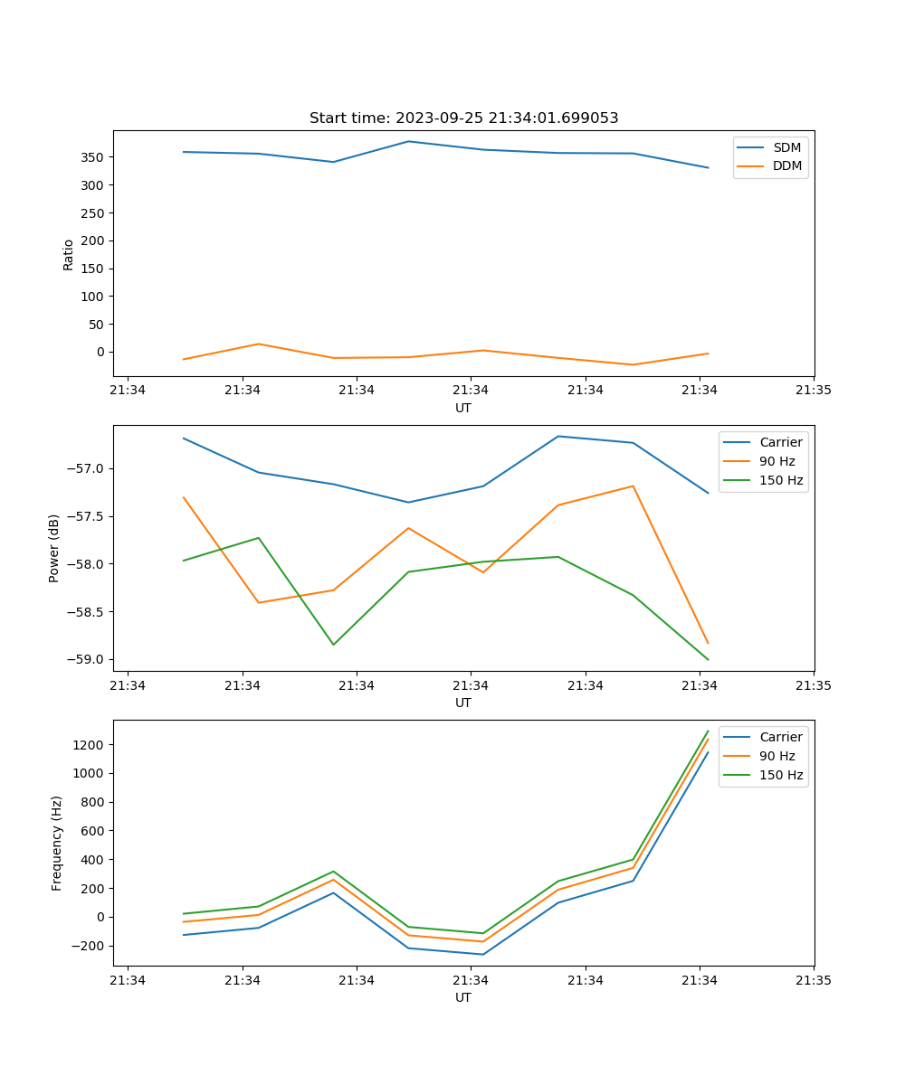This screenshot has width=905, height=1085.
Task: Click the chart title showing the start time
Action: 463,118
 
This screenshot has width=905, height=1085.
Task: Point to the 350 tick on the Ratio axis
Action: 93,157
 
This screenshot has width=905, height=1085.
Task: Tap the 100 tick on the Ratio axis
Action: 93,297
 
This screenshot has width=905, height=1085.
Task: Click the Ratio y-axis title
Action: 69,254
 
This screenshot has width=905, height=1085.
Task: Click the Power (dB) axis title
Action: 54,548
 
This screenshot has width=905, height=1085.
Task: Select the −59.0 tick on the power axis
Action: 85,659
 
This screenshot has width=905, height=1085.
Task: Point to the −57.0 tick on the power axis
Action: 85,468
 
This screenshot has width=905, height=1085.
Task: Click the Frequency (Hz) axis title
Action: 57,843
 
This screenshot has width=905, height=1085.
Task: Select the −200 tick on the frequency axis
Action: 91,946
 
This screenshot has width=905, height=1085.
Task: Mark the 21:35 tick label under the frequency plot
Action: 814,980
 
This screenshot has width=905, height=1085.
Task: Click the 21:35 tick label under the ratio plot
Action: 814,391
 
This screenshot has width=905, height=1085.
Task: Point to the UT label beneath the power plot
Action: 463,703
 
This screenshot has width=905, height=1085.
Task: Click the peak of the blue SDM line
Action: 408,141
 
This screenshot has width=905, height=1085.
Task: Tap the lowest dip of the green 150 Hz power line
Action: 708,660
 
